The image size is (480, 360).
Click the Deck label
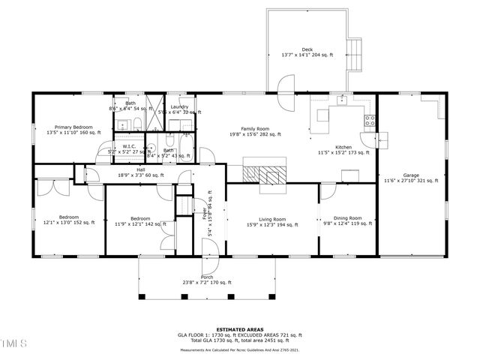[x=307, y=49]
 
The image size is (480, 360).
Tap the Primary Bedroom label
[x=73, y=127]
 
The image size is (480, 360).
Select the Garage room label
[x=410, y=175]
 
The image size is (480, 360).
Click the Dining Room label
[x=347, y=217]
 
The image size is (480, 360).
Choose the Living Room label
[x=272, y=219]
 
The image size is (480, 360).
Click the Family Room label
[x=255, y=129]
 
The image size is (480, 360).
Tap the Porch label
[x=207, y=277]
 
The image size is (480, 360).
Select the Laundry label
[x=178, y=106]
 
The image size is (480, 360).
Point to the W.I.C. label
[x=128, y=146]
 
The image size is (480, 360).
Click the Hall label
[x=141, y=169]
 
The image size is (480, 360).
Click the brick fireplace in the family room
[x=264, y=172]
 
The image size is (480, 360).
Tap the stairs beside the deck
[x=355, y=53]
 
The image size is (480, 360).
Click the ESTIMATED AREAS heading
[x=239, y=328]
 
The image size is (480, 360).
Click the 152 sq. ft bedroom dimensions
[x=67, y=222]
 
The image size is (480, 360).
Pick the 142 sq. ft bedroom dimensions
[x=139, y=223]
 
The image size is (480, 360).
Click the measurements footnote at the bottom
[x=239, y=348]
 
